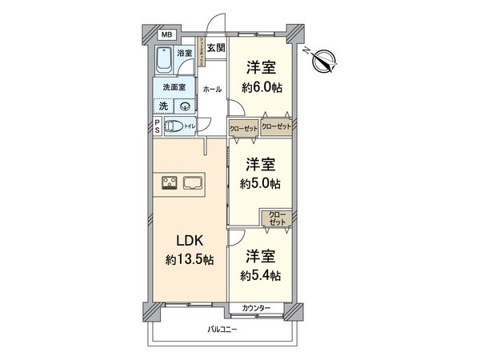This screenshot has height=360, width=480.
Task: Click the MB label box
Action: tap(166, 35)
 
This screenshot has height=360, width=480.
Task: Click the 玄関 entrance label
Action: tap(215, 48)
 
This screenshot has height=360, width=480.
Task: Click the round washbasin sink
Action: tap(184, 105)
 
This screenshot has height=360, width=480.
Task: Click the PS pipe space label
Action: tap(157, 126)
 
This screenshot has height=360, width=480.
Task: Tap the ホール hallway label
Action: tap(213, 89)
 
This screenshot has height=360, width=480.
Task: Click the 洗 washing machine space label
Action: tap(163, 106)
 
